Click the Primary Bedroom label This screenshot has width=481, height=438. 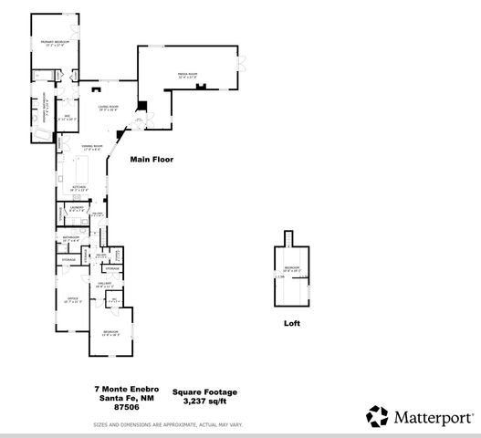55,43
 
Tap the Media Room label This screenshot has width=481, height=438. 189,77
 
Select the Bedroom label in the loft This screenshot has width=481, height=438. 291,269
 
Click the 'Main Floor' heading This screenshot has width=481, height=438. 151,160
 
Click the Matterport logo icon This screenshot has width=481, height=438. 377,416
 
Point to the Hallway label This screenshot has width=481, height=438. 106,285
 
